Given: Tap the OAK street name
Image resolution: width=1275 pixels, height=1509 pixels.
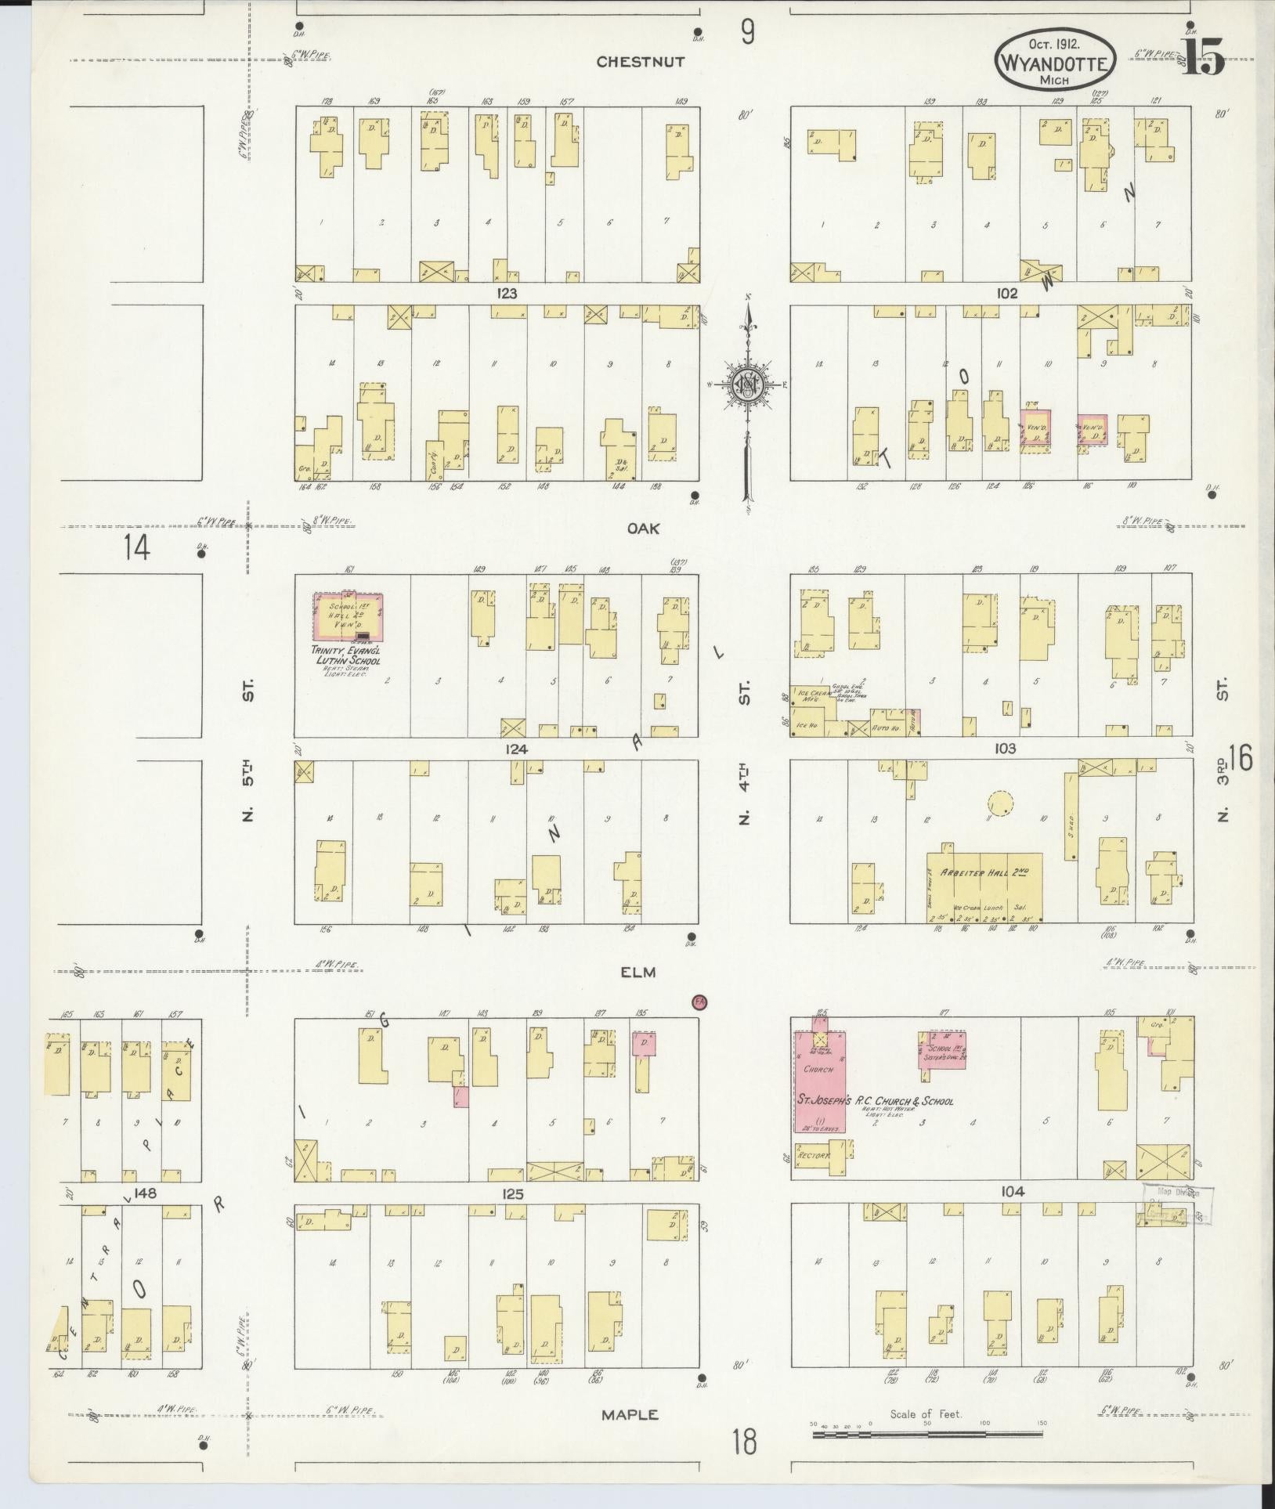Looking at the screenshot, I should tap(643, 529).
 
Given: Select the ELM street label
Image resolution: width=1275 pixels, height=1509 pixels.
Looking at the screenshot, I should tap(638, 973).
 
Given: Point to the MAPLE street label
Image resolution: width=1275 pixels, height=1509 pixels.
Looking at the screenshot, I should tap(630, 1415).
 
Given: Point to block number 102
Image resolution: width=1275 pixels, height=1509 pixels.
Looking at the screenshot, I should tap(1006, 294).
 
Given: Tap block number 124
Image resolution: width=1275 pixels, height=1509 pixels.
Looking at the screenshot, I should tap(516, 749).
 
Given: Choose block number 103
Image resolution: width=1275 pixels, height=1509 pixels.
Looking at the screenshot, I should tap(1005, 749).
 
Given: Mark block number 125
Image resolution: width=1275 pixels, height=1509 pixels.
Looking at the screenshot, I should tap(512, 1194).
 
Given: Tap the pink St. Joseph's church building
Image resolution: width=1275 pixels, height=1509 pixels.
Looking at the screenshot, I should tap(819, 1083).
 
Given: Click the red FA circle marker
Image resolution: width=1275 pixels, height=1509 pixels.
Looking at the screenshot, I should tap(698, 1002).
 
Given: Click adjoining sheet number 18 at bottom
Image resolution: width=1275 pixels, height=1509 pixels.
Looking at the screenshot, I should tap(746, 1441).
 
